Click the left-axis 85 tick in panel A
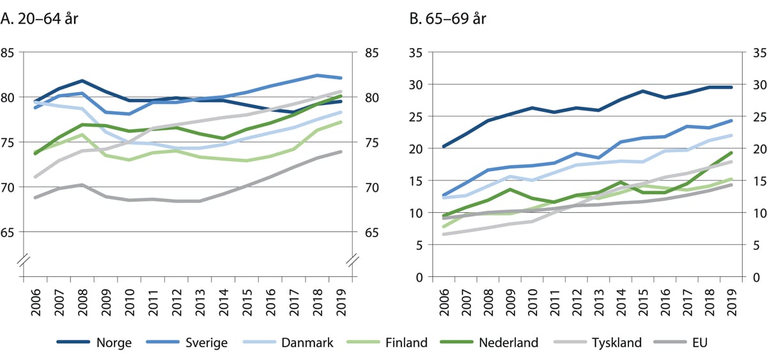[10, 52]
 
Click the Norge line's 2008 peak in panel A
[82, 81]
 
